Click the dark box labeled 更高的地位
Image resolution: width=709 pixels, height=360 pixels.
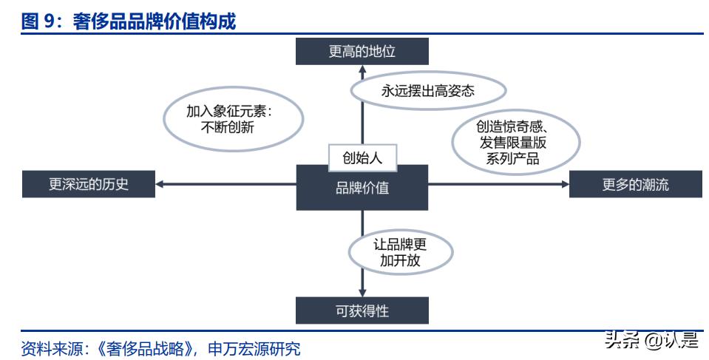pos(362,52)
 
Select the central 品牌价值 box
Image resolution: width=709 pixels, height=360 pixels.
pos(362,188)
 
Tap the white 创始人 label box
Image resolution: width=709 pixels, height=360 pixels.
pos(362,157)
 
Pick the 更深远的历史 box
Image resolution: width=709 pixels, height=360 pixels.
pos(89,184)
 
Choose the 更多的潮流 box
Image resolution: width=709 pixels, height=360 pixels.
pos(635,184)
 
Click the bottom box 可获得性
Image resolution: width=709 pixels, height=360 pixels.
pos(362,310)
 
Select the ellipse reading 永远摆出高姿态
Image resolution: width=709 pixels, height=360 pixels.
pos(427,91)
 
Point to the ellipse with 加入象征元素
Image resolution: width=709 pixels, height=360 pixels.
pos(233,118)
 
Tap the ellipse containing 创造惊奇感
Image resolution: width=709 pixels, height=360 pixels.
pos(515,142)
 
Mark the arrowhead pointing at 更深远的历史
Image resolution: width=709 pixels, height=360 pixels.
pos(160,184)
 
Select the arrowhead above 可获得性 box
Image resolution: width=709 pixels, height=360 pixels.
pos(362,291)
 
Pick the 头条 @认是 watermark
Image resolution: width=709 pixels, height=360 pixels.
pos(651,341)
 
